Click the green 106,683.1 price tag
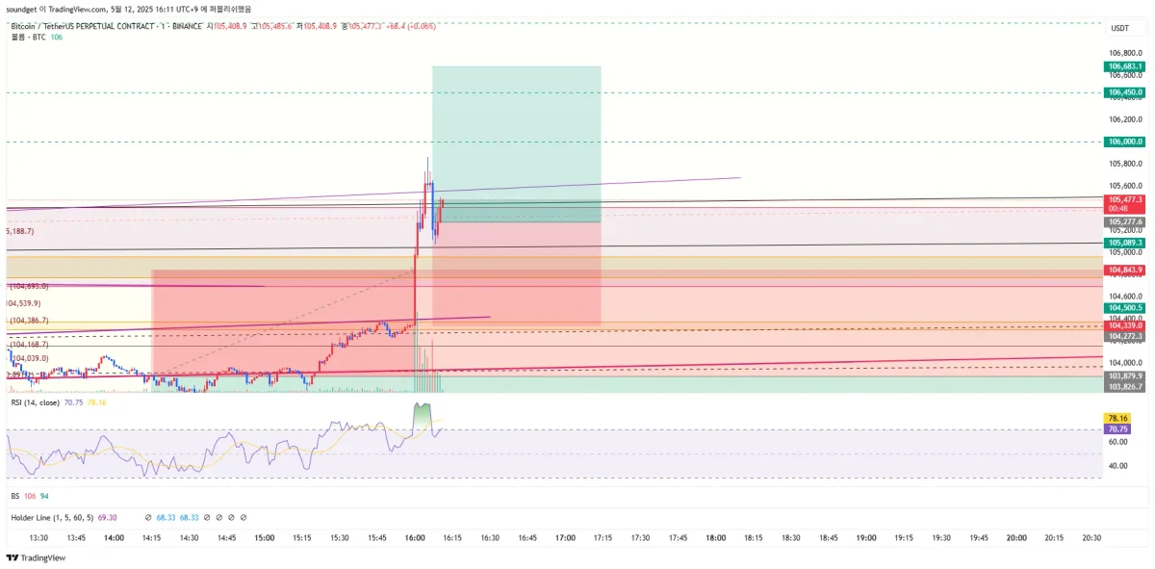(x=1125, y=66)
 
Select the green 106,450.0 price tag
(x=1125, y=92)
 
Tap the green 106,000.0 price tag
(x=1125, y=142)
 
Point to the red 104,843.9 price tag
(x=1125, y=270)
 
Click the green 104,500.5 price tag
(x=1125, y=307)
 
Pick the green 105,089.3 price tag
(x=1125, y=243)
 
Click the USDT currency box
(x=1119, y=28)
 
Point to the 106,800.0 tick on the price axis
(x=1124, y=53)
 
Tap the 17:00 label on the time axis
(x=566, y=538)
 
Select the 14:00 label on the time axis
(x=114, y=538)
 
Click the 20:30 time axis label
(x=1091, y=538)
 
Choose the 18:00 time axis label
(x=716, y=538)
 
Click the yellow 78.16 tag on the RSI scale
(x=1117, y=418)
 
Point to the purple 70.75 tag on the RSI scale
(x=1117, y=429)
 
